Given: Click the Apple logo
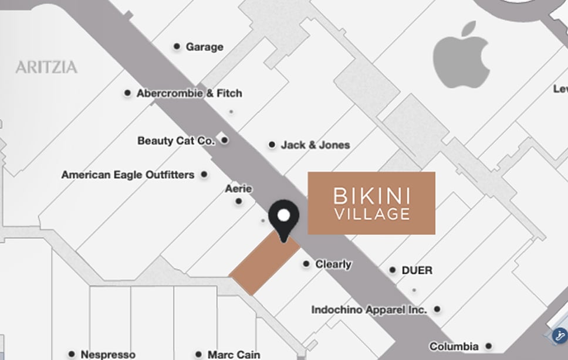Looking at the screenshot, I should point(461,57).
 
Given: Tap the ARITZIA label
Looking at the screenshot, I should point(46,67).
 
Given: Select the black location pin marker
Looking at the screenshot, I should point(284,218).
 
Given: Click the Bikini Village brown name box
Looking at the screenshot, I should point(371,203).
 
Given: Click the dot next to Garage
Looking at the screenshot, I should point(177,46).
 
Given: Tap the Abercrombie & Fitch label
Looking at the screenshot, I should point(189,93).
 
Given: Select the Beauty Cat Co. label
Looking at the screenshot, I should point(176,141).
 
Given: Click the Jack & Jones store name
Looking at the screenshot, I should point(315,145).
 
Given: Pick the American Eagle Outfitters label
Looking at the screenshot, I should point(127,175).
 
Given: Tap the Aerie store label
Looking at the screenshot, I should point(238,189).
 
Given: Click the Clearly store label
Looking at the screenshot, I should point(333,264).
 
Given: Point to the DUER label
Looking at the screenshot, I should point(417,270).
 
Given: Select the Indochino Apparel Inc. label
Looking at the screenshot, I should point(369,310).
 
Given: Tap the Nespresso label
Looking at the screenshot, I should point(108,355).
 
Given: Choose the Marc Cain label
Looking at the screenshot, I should point(234,355).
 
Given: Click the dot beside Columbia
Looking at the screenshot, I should point(488,347).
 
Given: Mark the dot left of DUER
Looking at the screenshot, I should point(393,270).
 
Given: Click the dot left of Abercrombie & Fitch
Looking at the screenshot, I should point(127,93).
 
